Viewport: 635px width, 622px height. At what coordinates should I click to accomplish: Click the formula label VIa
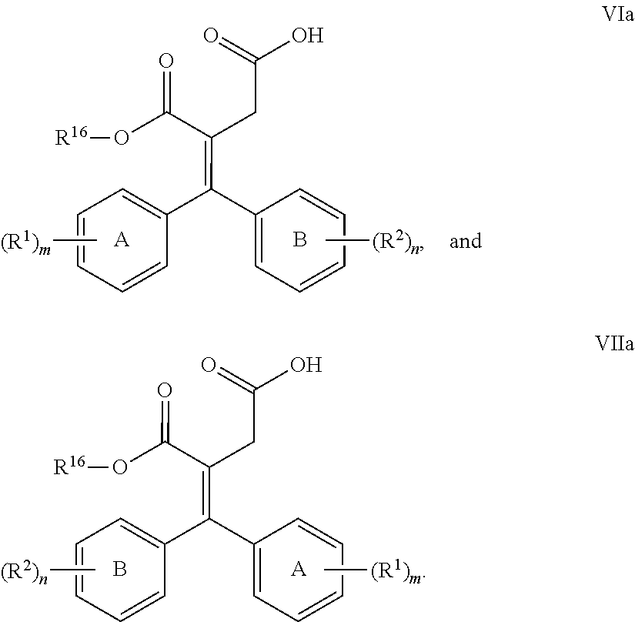point(618,15)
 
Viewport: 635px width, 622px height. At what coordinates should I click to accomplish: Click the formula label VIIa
point(614,343)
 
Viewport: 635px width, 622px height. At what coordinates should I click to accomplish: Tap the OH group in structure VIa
point(308,35)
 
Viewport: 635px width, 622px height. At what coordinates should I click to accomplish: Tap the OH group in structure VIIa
point(306,364)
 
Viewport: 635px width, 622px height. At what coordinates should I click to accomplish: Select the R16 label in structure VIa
point(72,136)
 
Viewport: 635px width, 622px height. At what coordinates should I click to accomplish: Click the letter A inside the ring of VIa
point(122,239)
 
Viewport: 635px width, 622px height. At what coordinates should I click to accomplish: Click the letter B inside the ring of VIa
point(299,239)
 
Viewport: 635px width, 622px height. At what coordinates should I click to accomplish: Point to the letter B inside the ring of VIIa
point(120,569)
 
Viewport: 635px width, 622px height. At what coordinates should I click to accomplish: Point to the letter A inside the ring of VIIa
point(298,569)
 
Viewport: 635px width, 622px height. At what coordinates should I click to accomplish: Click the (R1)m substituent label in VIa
point(26,243)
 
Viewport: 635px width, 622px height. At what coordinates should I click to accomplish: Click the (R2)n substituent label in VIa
point(397,242)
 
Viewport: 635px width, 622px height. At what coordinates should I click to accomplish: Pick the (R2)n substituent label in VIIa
point(25,572)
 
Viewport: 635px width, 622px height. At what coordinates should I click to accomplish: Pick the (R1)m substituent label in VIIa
point(396,571)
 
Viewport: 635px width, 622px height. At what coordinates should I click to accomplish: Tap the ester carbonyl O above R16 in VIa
point(166,61)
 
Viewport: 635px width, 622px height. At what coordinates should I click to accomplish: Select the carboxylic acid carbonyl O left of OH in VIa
point(211,35)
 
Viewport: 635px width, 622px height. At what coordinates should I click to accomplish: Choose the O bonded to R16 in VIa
point(122,138)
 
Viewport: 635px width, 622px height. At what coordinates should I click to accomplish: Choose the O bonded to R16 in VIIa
point(120,467)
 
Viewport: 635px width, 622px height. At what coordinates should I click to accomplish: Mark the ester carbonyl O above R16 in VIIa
point(165,390)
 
